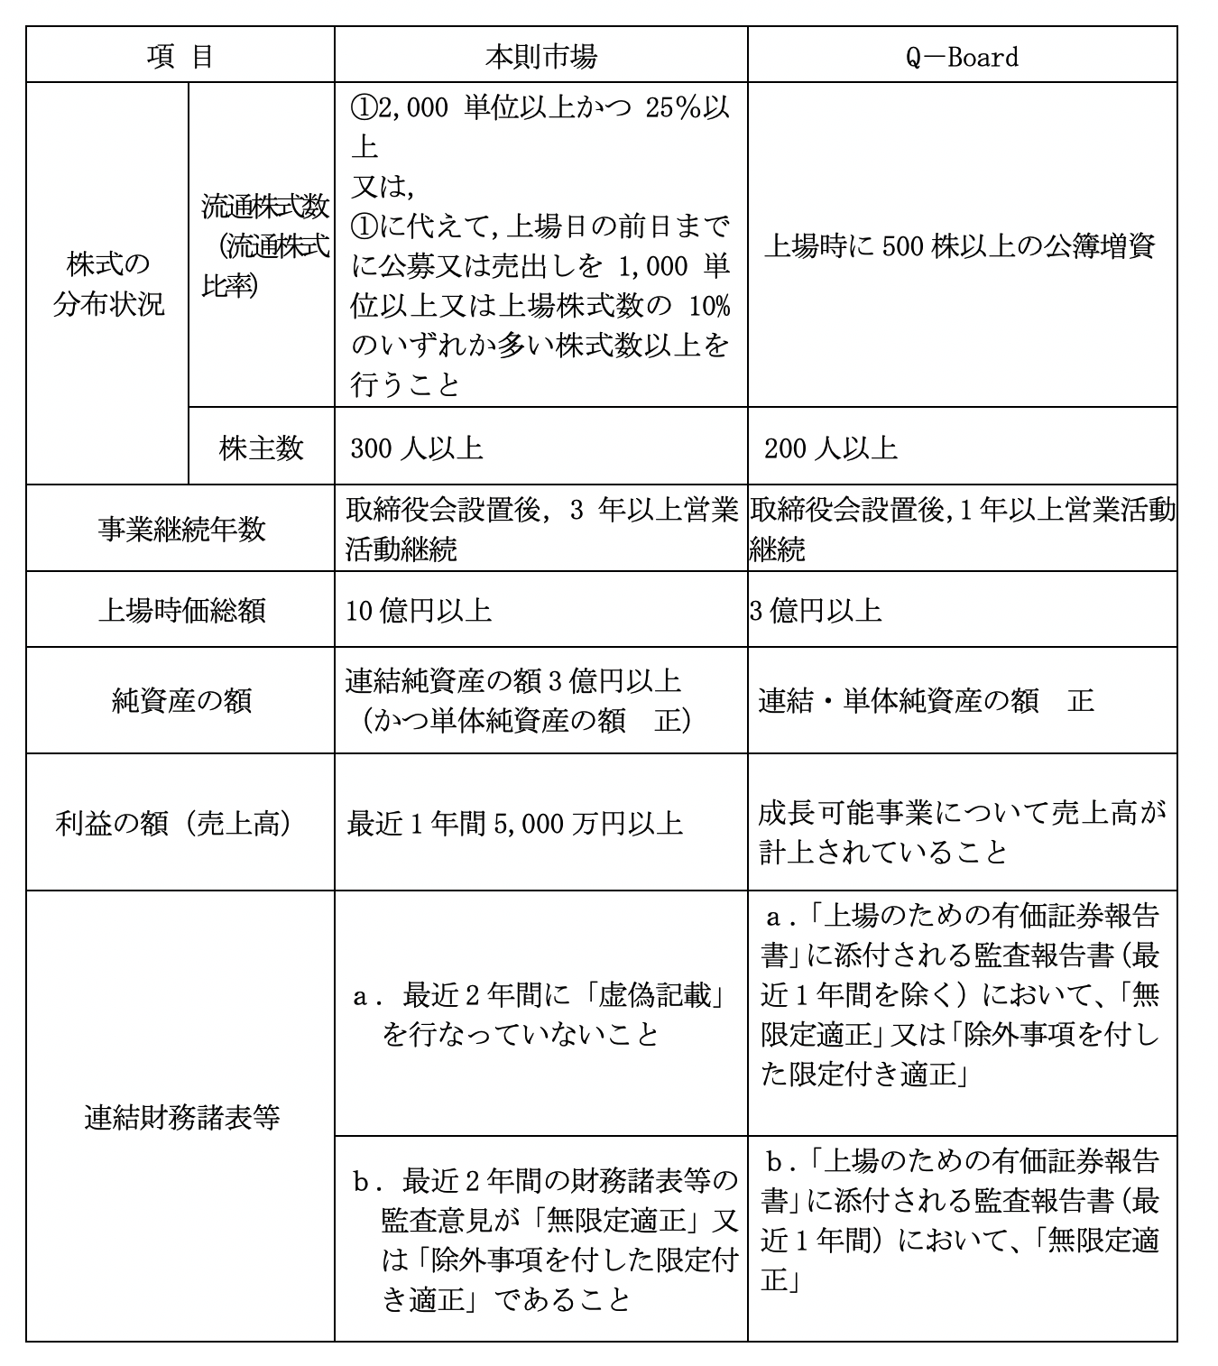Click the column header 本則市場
pyautogui.click(x=540, y=57)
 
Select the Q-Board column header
pyautogui.click(x=962, y=57)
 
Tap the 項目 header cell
pyautogui.click(x=180, y=57)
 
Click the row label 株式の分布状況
pyautogui.click(x=107, y=284)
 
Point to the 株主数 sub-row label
pyautogui.click(x=261, y=448)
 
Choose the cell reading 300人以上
pyautogui.click(x=417, y=448)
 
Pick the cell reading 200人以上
pyautogui.click(x=830, y=448)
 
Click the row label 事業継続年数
pyautogui.click(x=180, y=529)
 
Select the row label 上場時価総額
pyautogui.click(x=180, y=611)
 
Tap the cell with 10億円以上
pyautogui.click(x=419, y=611)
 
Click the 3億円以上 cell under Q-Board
pyautogui.click(x=815, y=611)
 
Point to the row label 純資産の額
pyautogui.click(x=180, y=701)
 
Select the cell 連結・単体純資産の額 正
pyautogui.click(x=926, y=701)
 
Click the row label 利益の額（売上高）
pyautogui.click(x=174, y=823)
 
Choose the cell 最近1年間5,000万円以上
pyautogui.click(x=514, y=823)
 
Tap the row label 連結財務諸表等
pyautogui.click(x=180, y=1117)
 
